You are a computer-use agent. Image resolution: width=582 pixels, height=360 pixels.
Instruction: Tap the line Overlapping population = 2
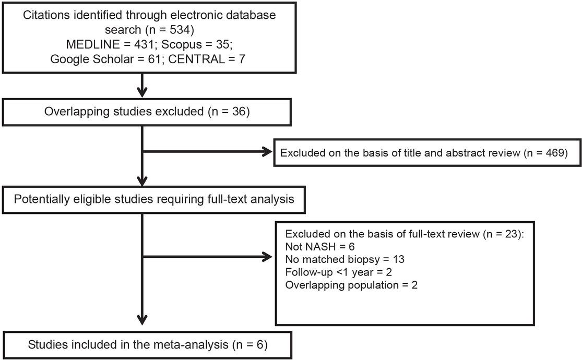(352, 285)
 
